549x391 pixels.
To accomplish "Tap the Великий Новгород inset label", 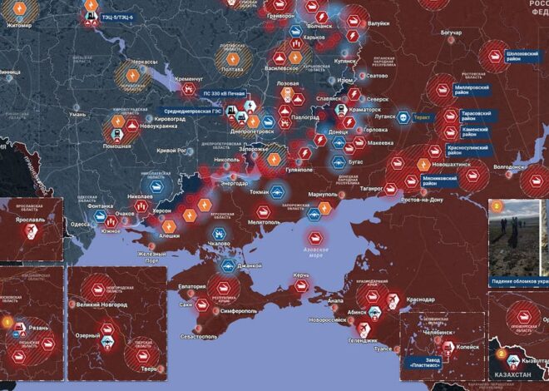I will pos(101,305).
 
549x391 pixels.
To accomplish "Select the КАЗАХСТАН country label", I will pos(514,376).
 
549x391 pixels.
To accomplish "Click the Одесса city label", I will pos(80,225).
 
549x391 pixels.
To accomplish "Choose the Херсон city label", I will pos(161,211).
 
